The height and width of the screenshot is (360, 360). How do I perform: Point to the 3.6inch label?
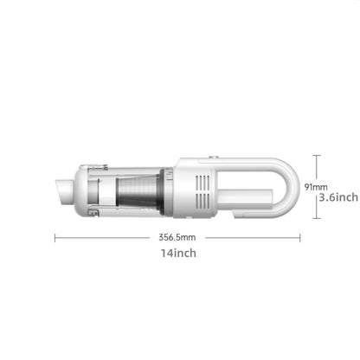(335, 197)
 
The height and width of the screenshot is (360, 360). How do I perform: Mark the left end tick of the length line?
(55, 236)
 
